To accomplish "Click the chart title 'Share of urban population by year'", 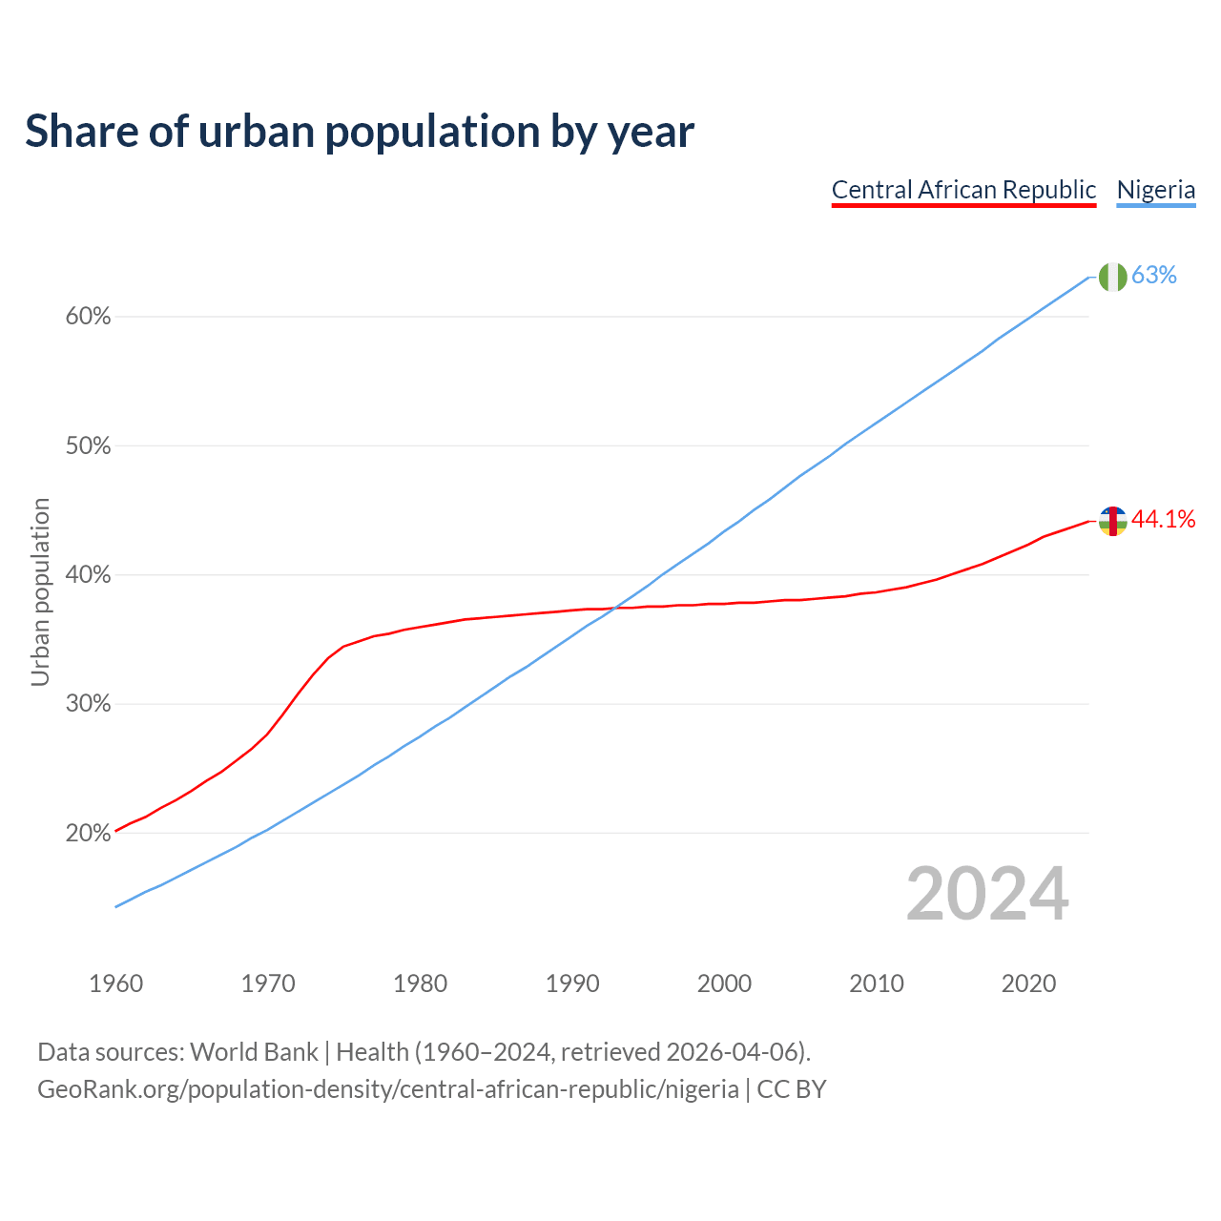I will click(360, 132).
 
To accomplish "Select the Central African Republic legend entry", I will click(963, 190).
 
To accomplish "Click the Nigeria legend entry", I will click(1156, 190).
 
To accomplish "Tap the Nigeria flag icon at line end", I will click(1112, 277).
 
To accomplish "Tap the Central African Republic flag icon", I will click(1112, 521).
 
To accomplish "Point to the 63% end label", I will click(1154, 276).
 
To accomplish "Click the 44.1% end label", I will click(1163, 520).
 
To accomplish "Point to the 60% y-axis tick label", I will click(88, 317).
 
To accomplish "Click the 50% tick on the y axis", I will click(88, 446).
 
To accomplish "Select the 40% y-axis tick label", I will click(88, 575).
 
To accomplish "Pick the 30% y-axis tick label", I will click(88, 704).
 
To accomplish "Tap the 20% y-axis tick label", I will click(88, 834).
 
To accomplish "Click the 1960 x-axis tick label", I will click(116, 983).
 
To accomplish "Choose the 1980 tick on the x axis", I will click(421, 983).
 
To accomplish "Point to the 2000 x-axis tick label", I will click(725, 983).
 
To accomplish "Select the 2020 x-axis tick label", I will click(1028, 983).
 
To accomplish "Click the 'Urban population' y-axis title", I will click(40, 591).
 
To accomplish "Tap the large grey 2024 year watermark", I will click(987, 895).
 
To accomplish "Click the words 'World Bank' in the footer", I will click(254, 1052).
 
